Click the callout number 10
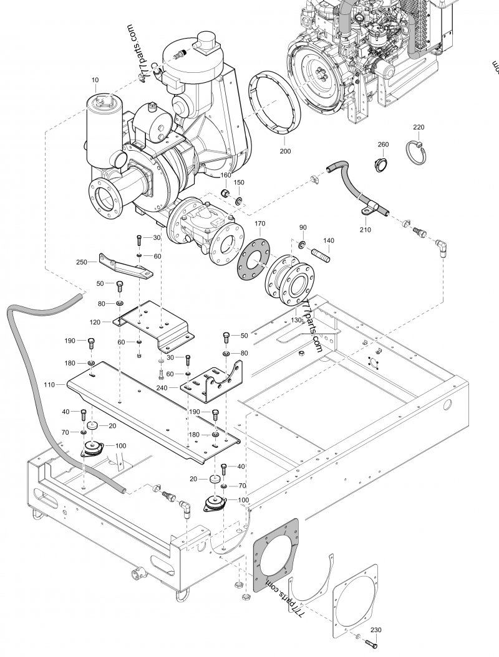[x=95, y=80]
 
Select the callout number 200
[x=284, y=151]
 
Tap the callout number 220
[x=419, y=127]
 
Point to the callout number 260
[x=383, y=144]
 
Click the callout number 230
[x=375, y=630]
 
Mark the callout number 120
[x=95, y=322]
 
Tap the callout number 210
[x=365, y=230]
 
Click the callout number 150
[x=239, y=182]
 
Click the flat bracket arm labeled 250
[x=124, y=265]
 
